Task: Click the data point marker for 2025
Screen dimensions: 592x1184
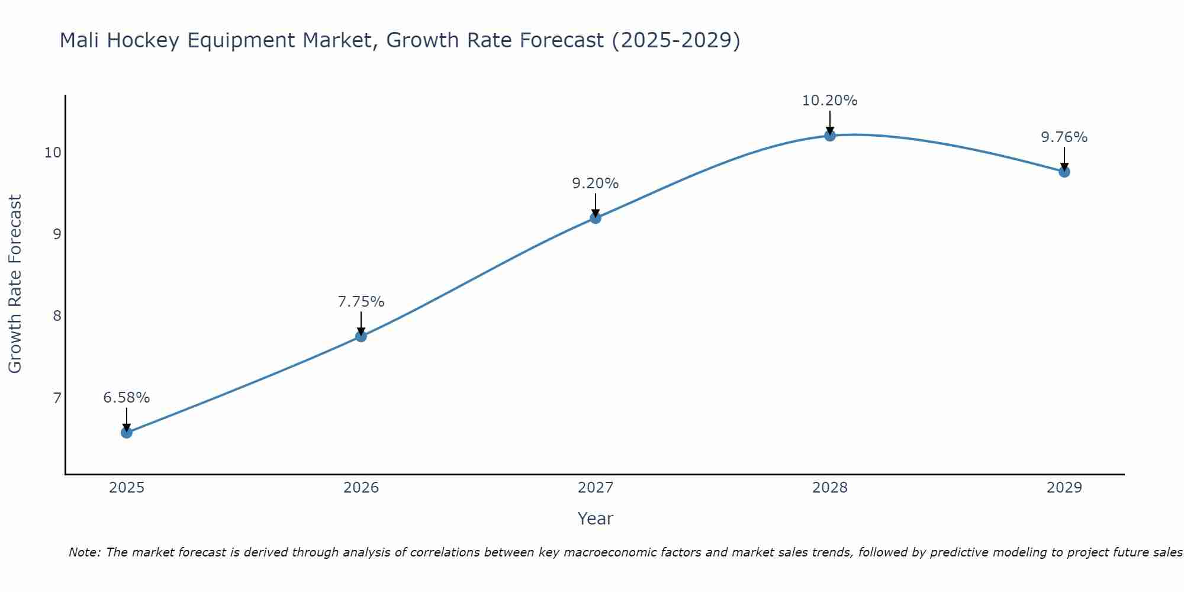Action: (126, 433)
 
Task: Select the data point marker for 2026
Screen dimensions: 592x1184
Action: (361, 336)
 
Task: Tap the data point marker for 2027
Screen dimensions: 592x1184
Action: (595, 218)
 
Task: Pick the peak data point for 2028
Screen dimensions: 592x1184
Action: (829, 136)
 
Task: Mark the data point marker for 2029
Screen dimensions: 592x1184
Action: (1064, 172)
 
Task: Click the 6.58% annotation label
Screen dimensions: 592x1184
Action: (126, 398)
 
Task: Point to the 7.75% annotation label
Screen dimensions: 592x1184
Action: (361, 302)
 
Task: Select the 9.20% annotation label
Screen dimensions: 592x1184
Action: (595, 184)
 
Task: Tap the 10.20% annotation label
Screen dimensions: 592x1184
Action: (829, 101)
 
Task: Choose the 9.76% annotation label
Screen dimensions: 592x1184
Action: (1064, 137)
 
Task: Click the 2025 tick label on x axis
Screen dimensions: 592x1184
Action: (127, 488)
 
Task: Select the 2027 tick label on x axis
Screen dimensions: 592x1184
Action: (595, 488)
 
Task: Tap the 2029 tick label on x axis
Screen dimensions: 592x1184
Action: (1064, 488)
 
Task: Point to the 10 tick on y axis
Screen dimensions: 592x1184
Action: (53, 153)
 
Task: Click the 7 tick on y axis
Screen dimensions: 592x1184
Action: (57, 398)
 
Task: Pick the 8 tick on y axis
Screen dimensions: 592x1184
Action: (57, 316)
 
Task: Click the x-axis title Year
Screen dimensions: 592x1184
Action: (595, 519)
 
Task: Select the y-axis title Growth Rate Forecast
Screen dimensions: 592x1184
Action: (15, 284)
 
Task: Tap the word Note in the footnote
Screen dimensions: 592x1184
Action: (85, 552)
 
